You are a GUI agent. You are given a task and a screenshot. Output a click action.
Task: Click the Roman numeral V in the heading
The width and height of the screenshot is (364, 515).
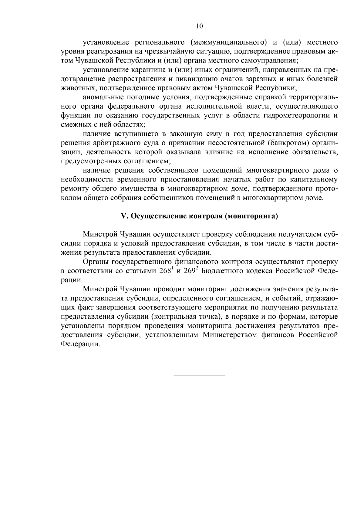(x=123, y=216)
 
